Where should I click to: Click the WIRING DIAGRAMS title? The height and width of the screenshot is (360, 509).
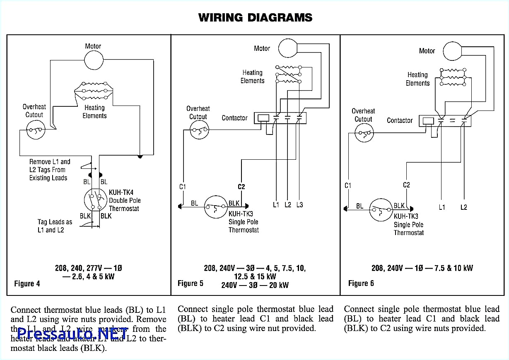[255, 17]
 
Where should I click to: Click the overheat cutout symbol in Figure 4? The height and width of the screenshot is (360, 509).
[34, 131]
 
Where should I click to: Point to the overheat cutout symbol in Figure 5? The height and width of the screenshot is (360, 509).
[198, 131]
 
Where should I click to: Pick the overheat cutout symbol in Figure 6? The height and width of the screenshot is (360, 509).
[363, 134]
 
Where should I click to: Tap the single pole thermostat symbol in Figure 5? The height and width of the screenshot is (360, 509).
[216, 206]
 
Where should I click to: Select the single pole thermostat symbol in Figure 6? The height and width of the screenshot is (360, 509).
[381, 209]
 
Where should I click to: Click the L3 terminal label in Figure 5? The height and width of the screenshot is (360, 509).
[299, 204]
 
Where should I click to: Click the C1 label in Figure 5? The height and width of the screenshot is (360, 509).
[182, 187]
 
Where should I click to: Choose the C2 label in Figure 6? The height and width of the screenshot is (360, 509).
[406, 185]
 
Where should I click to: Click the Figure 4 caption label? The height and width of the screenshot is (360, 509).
[27, 283]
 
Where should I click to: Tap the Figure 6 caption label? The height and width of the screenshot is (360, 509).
[361, 283]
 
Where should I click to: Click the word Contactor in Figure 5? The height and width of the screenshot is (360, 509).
[234, 118]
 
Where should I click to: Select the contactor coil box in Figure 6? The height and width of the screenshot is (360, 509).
[428, 121]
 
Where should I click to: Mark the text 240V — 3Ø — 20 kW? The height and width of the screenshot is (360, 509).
[255, 285]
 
